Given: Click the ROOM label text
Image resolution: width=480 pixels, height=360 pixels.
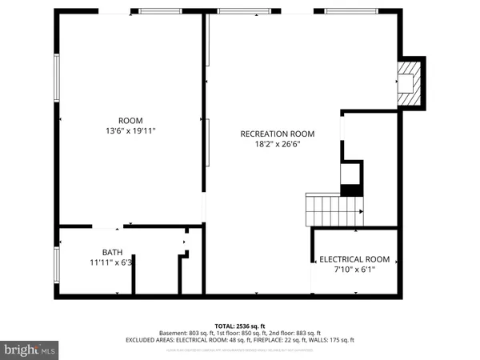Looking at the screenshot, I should [130, 121].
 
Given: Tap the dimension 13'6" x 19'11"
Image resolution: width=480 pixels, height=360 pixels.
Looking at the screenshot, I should [130, 131].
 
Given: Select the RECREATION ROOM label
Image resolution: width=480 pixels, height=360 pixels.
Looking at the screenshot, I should [278, 134].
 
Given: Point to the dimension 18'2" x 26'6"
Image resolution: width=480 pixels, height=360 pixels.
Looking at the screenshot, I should [278, 145].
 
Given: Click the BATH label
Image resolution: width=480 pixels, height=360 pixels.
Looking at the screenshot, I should [112, 252].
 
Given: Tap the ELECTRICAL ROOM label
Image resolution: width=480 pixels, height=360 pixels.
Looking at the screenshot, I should [354, 259].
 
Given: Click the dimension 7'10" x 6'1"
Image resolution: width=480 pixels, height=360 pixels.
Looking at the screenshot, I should [354, 270].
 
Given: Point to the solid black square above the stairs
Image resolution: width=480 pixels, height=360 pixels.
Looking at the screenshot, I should [350, 190].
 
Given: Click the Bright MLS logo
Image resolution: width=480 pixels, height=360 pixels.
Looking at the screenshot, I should [29, 350].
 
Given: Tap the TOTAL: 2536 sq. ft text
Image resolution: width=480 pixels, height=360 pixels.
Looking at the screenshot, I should [240, 326].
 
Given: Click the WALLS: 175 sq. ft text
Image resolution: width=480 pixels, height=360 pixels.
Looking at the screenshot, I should [331, 340].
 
